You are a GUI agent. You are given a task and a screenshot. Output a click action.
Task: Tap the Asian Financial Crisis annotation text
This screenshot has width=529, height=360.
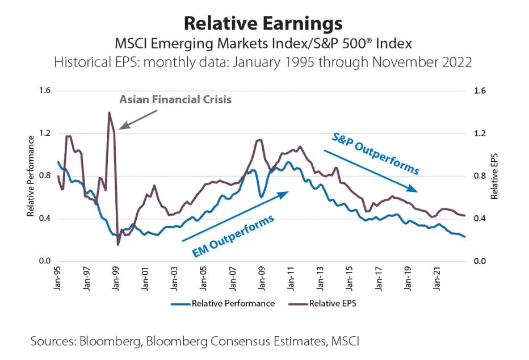point(175,99)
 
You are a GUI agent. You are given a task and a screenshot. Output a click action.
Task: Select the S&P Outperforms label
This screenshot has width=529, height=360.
point(375,153)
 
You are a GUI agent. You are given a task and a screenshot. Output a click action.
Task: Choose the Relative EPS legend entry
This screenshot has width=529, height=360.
point(332,303)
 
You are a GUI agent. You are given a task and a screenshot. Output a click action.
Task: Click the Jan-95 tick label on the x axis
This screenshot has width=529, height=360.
point(58,279)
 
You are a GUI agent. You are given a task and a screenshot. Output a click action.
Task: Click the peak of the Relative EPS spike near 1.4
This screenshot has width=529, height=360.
point(109,112)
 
